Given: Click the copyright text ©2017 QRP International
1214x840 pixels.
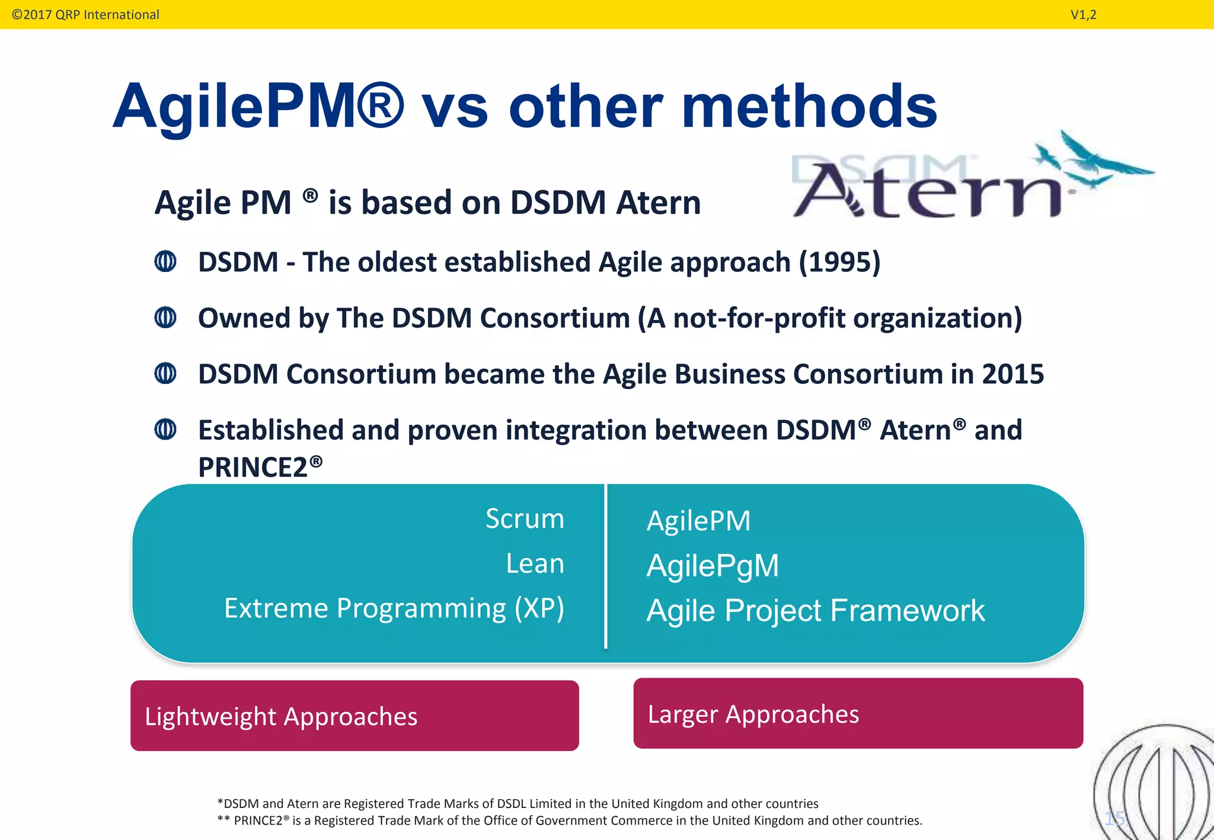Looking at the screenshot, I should click(x=85, y=15).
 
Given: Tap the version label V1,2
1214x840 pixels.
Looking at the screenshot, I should click(x=1083, y=15).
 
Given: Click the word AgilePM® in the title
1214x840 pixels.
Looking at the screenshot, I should click(x=258, y=107).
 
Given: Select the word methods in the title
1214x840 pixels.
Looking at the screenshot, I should click(x=809, y=107).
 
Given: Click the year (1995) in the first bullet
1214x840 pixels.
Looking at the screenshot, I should click(x=839, y=262).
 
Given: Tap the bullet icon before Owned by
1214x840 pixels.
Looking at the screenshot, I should click(x=165, y=318).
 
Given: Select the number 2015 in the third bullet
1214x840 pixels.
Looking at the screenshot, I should click(x=1012, y=374).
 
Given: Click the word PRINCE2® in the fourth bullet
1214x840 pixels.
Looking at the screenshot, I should click(x=260, y=467).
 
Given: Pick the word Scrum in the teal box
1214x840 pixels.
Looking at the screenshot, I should click(x=525, y=519).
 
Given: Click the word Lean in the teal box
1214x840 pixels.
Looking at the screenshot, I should click(x=535, y=563).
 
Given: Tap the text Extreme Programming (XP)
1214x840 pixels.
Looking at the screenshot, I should click(x=394, y=608).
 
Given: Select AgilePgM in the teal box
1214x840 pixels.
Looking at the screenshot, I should click(x=713, y=566).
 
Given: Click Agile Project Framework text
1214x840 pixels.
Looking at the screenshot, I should click(x=815, y=611).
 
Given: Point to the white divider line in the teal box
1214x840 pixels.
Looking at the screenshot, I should click(x=605, y=569).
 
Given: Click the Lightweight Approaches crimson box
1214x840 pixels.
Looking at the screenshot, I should click(x=354, y=716).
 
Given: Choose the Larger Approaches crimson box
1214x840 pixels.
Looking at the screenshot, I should click(x=858, y=713).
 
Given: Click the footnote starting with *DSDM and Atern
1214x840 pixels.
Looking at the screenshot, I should click(x=517, y=803).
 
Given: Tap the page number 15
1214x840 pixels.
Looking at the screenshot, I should click(x=1114, y=819).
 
